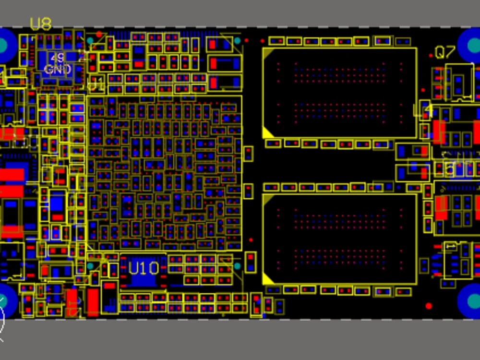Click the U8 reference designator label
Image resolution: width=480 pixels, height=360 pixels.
point(41,24)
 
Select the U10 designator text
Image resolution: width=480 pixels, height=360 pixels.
point(144,268)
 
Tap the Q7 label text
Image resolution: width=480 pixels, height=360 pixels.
point(445,52)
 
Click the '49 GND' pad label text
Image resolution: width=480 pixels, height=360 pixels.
point(58,64)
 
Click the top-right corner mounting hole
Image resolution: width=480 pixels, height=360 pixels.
point(474,45)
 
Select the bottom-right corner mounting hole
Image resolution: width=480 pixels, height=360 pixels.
point(474,300)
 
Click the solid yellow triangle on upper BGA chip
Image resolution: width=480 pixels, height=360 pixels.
point(267,132)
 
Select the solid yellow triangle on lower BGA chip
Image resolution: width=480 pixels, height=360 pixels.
point(267,278)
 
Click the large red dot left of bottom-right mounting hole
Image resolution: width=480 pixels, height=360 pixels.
point(429,306)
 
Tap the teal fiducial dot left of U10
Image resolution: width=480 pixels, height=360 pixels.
point(91,265)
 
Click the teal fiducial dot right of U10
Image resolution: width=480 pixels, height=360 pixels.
point(237,265)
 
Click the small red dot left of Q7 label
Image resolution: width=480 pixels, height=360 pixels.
point(431,56)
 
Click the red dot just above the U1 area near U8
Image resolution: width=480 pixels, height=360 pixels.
point(99,34)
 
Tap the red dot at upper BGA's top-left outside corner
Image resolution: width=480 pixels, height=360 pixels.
point(247,41)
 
